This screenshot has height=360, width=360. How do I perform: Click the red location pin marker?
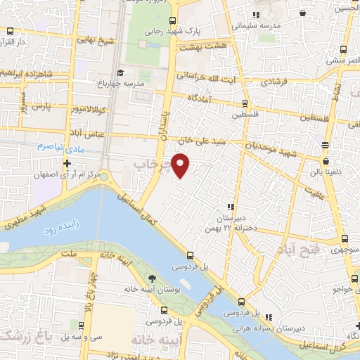pyautogui.click(x=181, y=166)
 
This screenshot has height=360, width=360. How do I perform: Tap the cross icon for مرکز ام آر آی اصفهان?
pyautogui.click(x=67, y=163)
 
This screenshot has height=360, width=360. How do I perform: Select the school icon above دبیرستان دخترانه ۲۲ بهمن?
pyautogui.click(x=230, y=207)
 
